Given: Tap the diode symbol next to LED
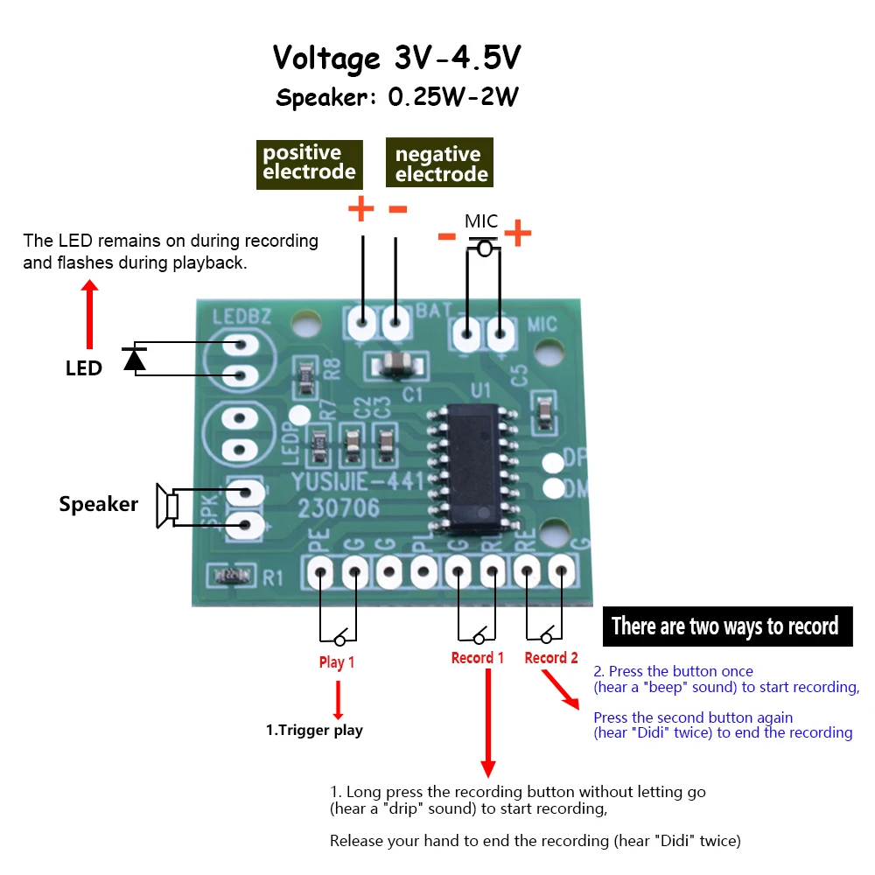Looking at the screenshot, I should [x=134, y=359].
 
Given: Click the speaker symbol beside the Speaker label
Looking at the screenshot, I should [x=167, y=506].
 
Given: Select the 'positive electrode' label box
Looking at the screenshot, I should [x=310, y=163].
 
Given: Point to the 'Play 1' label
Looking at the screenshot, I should [x=337, y=662].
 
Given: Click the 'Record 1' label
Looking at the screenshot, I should [x=478, y=658].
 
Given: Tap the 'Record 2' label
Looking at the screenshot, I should [x=551, y=658].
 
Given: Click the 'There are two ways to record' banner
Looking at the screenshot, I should [x=727, y=626].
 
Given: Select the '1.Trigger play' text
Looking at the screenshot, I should [x=314, y=730].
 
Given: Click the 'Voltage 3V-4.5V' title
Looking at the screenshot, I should [x=397, y=59].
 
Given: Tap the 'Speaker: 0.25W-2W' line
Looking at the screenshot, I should [x=397, y=97].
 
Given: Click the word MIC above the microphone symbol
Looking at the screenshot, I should [x=481, y=220].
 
